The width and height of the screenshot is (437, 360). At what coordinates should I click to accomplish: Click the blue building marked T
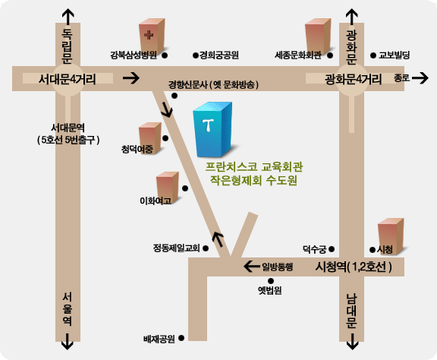[x=212, y=129]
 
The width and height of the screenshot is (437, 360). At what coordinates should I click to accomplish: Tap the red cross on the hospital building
[x=149, y=35]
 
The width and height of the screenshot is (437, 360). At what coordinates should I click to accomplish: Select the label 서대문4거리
[x=68, y=79]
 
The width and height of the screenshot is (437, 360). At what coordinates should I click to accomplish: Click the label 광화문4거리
[x=353, y=79]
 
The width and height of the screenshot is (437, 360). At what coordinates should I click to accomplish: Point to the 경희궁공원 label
[x=219, y=55]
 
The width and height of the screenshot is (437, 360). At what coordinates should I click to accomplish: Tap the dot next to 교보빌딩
[x=373, y=55]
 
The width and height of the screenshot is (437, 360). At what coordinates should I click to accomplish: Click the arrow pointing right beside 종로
[x=420, y=78]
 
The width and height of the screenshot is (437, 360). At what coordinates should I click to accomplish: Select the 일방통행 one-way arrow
[x=252, y=267]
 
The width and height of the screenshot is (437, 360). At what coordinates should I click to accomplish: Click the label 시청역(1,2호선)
[x=354, y=267]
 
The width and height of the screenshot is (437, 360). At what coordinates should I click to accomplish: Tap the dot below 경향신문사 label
[x=174, y=96]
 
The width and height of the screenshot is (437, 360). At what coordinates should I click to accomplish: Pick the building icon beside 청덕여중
[x=150, y=138]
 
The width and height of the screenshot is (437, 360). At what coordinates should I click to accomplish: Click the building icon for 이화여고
[x=167, y=188]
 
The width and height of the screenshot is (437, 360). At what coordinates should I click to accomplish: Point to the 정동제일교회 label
[x=177, y=248]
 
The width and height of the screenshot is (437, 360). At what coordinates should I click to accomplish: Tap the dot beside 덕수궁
[x=332, y=248]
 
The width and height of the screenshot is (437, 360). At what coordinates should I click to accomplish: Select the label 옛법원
[x=270, y=291]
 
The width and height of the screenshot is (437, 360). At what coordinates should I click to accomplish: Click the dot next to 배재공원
[x=181, y=338]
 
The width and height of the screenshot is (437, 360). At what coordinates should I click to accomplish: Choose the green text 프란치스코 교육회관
[x=254, y=167]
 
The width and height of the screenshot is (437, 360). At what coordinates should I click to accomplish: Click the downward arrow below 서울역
[x=68, y=341]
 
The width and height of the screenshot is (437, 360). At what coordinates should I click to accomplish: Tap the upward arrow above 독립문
[x=68, y=17]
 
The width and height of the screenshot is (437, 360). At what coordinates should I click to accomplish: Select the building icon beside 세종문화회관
[x=318, y=36]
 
